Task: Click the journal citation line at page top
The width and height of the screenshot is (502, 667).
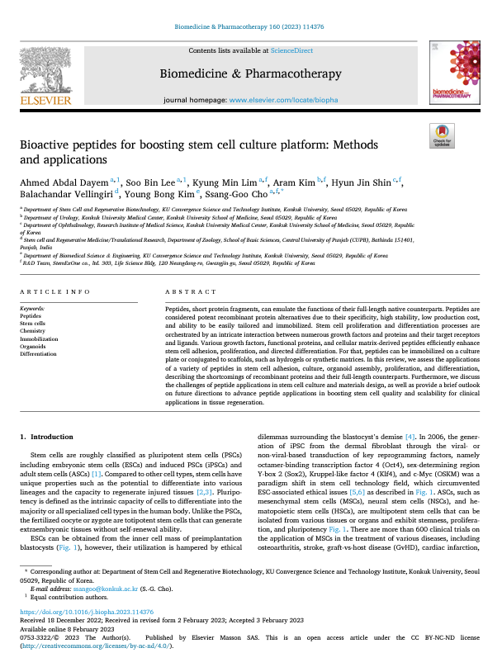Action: [251, 26]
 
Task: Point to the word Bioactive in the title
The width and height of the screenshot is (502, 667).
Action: [42, 144]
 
